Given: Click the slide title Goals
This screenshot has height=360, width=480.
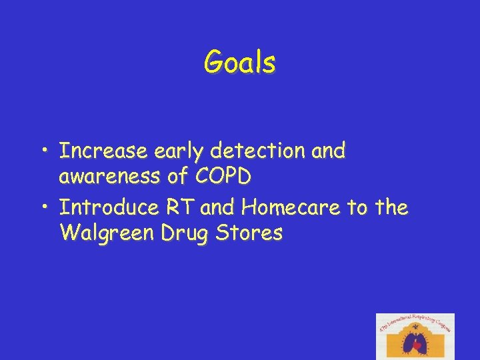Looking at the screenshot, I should coord(239,63).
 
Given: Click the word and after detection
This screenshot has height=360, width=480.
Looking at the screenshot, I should coord(328,151).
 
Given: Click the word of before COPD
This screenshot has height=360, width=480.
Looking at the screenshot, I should coord(178,177).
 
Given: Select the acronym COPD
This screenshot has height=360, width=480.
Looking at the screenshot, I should coord(223,177).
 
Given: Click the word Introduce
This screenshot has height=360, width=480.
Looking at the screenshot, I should coord(108,208).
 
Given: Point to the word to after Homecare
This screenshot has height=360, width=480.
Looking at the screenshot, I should coord(357,208).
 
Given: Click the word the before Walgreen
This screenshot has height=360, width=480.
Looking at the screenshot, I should coord(391,208).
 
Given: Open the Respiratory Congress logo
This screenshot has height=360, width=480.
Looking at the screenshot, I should coord(415,336).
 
